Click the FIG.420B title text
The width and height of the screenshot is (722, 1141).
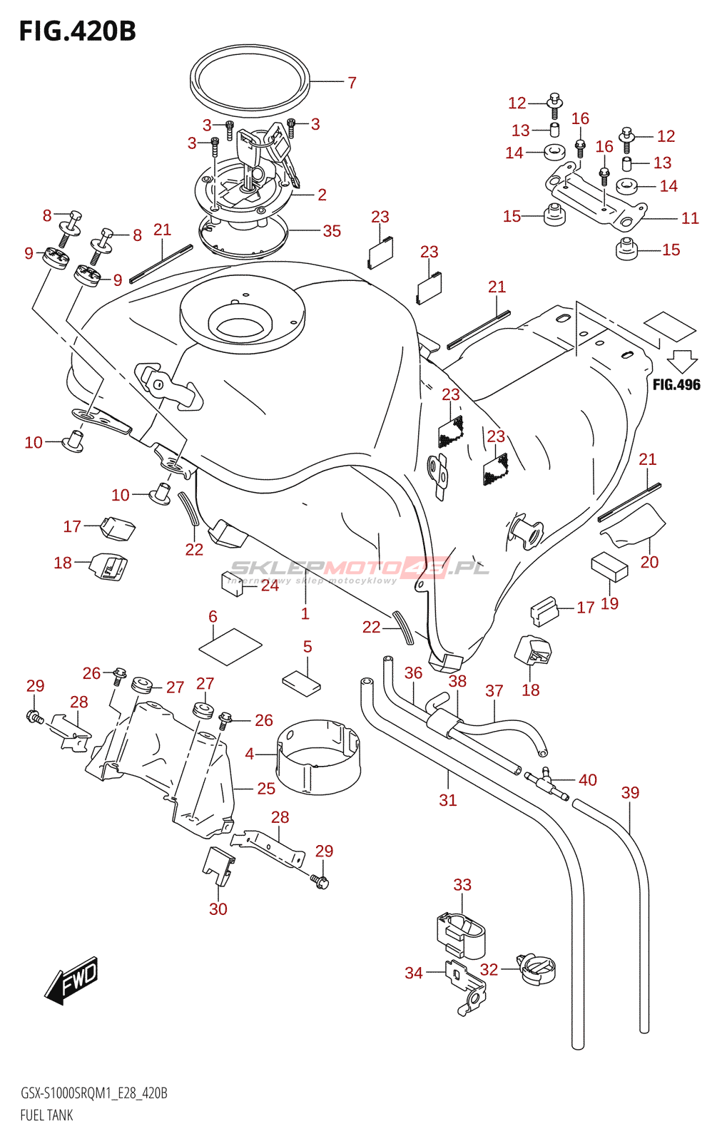pyautogui.click(x=77, y=31)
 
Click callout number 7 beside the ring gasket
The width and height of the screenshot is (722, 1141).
pyautogui.click(x=352, y=83)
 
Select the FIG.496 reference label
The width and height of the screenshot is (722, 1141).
pyautogui.click(x=676, y=385)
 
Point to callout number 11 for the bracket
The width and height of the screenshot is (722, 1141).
pyautogui.click(x=690, y=218)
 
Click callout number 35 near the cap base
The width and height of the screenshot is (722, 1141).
pyautogui.click(x=332, y=231)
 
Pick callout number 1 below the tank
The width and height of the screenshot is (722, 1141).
pyautogui.click(x=305, y=614)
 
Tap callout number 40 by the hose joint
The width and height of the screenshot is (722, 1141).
pyautogui.click(x=588, y=780)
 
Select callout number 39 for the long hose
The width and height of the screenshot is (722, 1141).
pyautogui.click(x=630, y=793)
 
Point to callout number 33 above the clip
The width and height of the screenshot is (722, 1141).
pyautogui.click(x=462, y=885)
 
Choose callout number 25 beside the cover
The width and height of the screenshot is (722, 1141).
pyautogui.click(x=266, y=789)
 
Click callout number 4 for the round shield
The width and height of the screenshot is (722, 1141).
pyautogui.click(x=250, y=754)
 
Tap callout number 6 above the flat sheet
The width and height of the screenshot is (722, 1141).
pyautogui.click(x=213, y=617)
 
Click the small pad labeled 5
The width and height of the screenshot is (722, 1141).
pyautogui.click(x=301, y=682)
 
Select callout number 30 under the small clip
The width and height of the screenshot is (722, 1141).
pyautogui.click(x=218, y=909)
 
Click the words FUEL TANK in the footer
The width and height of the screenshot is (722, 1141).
pyautogui.click(x=46, y=1115)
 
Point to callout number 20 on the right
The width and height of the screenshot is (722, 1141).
pyautogui.click(x=649, y=562)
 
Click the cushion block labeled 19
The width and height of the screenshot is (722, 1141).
pyautogui.click(x=609, y=566)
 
